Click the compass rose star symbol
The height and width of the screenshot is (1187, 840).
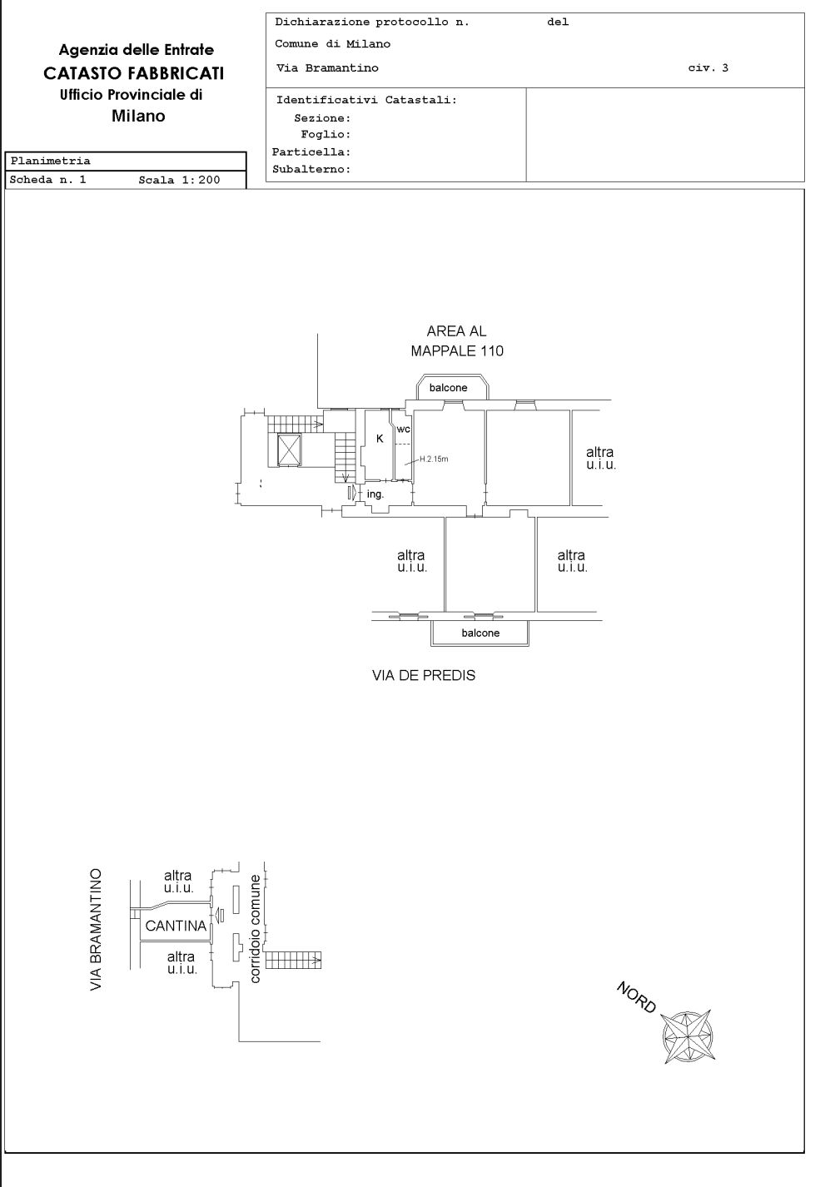click(688, 1036)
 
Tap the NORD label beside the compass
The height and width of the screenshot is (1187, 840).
click(637, 997)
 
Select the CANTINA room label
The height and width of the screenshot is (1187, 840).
click(176, 926)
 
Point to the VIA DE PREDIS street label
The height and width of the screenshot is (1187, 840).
click(424, 675)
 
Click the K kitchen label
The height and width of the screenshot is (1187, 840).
click(380, 439)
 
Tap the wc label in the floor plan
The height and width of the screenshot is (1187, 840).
click(403, 429)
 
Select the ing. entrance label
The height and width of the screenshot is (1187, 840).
click(375, 494)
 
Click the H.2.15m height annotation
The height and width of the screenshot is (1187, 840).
click(434, 459)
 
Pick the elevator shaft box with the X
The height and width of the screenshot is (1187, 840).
click(290, 449)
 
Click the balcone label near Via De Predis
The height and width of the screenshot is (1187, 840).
click(480, 633)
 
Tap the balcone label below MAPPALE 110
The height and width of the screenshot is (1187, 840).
click(449, 387)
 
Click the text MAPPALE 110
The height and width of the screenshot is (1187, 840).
click(457, 350)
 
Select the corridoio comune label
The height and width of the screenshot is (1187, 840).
click(255, 929)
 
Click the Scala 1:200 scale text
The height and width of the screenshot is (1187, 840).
click(179, 180)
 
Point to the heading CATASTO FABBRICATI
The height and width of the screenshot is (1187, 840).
click(133, 73)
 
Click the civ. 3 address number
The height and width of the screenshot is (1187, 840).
click(708, 67)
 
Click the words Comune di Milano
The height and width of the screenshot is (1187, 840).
click(332, 44)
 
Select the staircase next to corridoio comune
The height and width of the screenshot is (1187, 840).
click(293, 960)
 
